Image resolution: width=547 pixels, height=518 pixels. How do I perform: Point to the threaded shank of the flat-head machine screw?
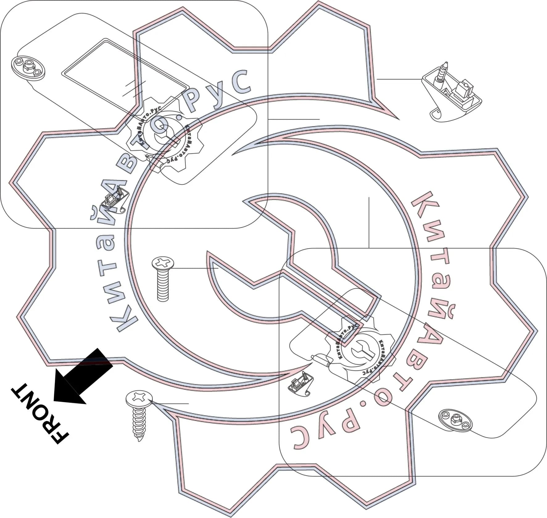[x=163, y=285]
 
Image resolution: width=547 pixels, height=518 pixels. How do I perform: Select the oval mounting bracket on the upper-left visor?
[x=28, y=68]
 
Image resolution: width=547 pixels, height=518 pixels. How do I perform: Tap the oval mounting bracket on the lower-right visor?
[x=455, y=420]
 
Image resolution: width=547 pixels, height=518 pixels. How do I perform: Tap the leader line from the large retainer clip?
[x=399, y=79]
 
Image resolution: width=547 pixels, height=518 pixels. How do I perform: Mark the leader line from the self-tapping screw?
[x=170, y=403]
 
